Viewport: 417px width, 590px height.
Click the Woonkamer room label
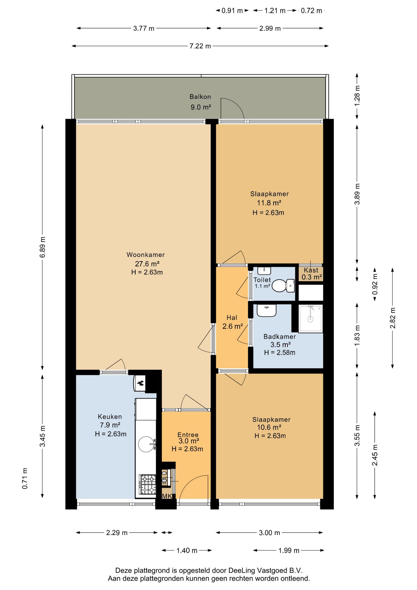[146, 255]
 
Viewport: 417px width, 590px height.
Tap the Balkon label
[200, 97]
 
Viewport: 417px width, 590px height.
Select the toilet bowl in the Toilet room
[283, 285]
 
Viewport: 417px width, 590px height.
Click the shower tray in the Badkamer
[311, 319]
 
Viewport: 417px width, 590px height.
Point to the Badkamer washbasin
[267, 310]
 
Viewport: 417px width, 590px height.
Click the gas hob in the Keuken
[148, 484]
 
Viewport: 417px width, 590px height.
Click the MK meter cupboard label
[167, 496]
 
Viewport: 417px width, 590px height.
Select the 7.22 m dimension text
[200, 46]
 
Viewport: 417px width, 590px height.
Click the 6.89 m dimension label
[43, 247]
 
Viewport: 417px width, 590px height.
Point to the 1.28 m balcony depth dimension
[357, 96]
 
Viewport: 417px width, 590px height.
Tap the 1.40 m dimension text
[187, 550]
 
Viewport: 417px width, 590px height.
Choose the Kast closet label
[311, 270]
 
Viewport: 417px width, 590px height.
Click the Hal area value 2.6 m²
[232, 326]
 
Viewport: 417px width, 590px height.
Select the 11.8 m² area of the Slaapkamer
[269, 203]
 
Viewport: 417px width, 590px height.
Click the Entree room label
[188, 435]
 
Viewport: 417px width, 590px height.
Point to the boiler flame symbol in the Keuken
[140, 383]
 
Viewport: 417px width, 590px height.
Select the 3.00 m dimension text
[269, 533]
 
